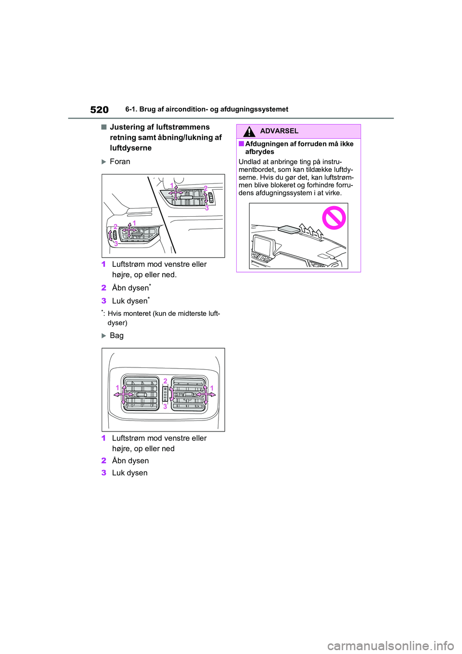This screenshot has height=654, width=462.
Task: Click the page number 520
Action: pyautogui.click(x=99, y=110)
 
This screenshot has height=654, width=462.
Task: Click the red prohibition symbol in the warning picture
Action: pyautogui.click(x=334, y=218)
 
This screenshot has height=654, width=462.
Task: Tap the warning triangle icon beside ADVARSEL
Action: pyautogui.click(x=249, y=131)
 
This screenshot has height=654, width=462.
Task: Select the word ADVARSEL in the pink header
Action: pyautogui.click(x=279, y=131)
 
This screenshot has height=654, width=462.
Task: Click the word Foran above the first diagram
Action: pyautogui.click(x=120, y=162)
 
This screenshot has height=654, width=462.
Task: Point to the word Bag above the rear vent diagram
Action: pyautogui.click(x=116, y=336)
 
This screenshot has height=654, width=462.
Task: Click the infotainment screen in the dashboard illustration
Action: pyautogui.click(x=262, y=246)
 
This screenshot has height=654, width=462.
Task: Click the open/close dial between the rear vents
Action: pyautogui.click(x=165, y=394)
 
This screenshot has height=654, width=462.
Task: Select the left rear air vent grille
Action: pyautogui.click(x=141, y=394)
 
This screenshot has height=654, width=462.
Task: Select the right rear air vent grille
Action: pyautogui.click(x=189, y=394)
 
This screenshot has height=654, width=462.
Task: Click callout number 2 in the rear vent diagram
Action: pyautogui.click(x=165, y=381)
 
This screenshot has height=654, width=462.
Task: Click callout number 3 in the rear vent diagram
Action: pyautogui.click(x=165, y=406)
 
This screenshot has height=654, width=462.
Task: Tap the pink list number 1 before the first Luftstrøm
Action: pyautogui.click(x=103, y=264)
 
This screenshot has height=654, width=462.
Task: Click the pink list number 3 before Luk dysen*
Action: pyautogui.click(x=103, y=301)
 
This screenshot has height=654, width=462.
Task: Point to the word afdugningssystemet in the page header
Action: pyautogui.click(x=254, y=109)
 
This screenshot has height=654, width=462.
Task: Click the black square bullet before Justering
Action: pyautogui.click(x=103, y=127)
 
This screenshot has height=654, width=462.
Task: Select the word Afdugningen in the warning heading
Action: pyautogui.click(x=267, y=144)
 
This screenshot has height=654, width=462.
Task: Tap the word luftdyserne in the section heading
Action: pyautogui.click(x=130, y=148)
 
